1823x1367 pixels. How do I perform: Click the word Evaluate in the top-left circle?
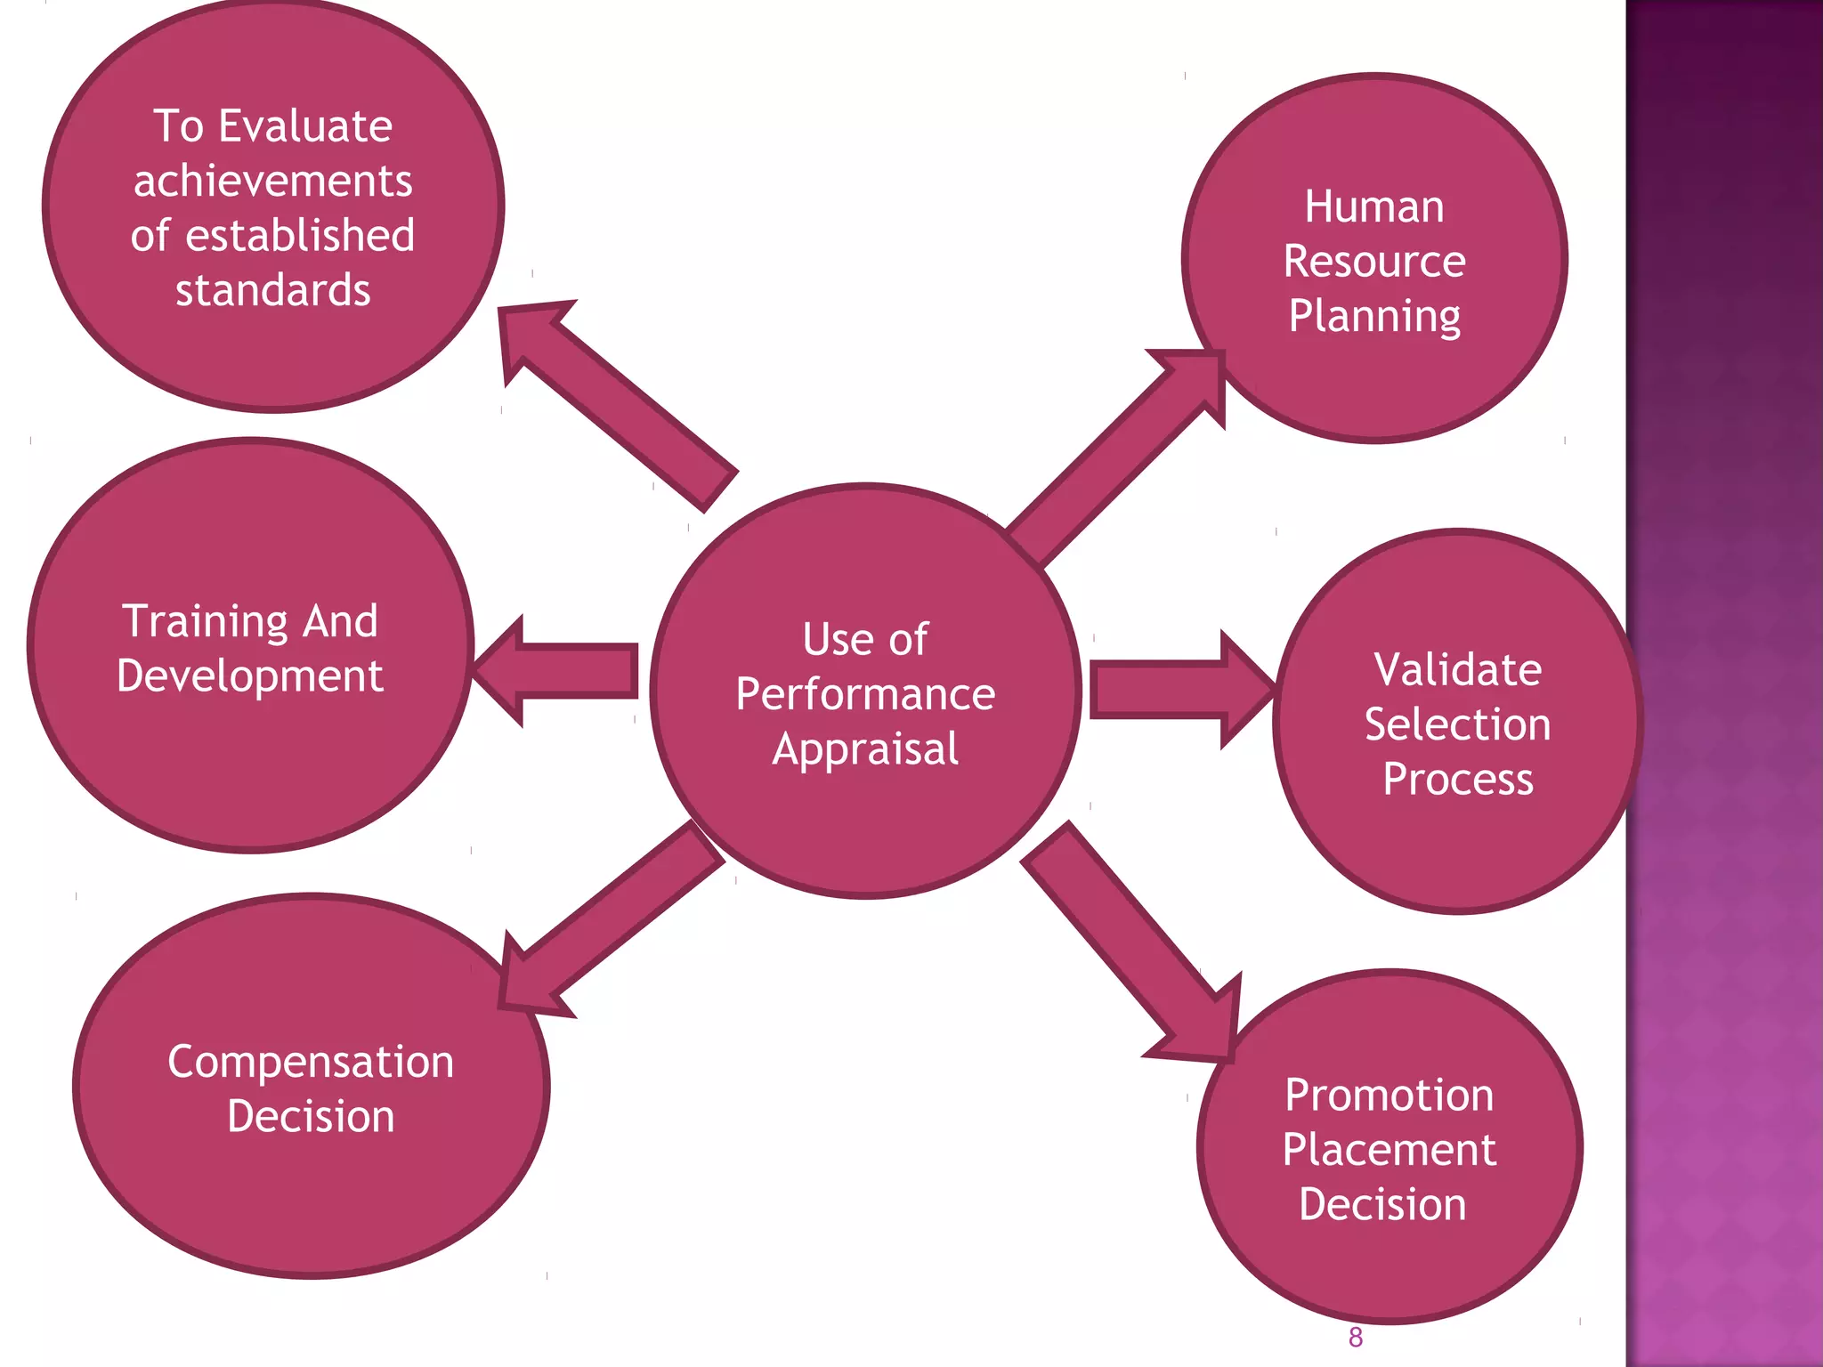coord(305,125)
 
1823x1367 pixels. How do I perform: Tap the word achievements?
coord(273,181)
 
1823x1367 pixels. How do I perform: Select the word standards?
coord(273,291)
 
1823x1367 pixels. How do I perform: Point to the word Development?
coord(250,675)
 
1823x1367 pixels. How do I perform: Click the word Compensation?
coord(311,1062)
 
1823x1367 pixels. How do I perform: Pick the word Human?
coord(1374,206)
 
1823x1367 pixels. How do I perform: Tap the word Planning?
coord(1374,317)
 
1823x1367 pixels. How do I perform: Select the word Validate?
coord(1457,669)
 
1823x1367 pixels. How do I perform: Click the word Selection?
coord(1457,724)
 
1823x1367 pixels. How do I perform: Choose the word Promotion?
coord(1389,1095)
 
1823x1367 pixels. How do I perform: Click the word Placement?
coord(1389,1150)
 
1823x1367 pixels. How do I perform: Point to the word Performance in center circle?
coord(865,694)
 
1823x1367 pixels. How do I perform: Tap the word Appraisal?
coord(865,749)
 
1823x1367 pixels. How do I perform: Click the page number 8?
coord(1355,1338)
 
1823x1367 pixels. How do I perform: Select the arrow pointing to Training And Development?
coord(561,671)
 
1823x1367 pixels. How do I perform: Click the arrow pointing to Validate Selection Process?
coord(1175,690)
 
